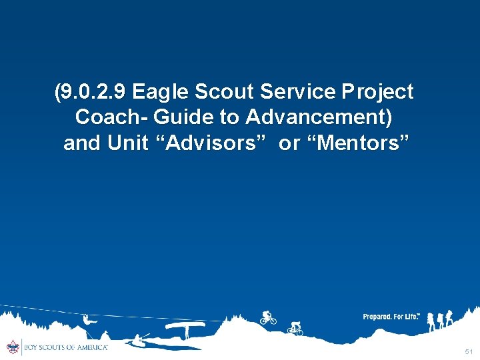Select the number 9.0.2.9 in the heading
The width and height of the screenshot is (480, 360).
[x=93, y=92]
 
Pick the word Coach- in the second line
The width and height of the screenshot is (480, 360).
[x=111, y=117]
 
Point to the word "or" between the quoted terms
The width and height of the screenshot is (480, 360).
[x=289, y=143]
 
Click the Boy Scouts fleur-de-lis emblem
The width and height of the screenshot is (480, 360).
[x=12, y=347]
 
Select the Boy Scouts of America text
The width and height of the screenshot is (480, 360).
[x=65, y=347]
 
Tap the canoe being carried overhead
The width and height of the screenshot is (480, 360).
[x=184, y=327]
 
